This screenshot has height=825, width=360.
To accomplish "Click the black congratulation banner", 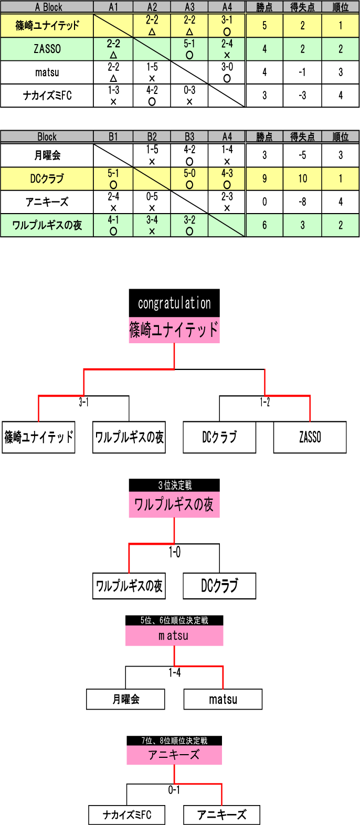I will pyautogui.click(x=174, y=303).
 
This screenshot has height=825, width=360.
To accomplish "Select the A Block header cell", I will pyautogui.click(x=47, y=7).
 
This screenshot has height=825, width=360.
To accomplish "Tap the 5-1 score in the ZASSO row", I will pyautogui.click(x=189, y=44).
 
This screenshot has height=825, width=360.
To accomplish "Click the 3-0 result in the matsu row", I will pyautogui.click(x=227, y=67).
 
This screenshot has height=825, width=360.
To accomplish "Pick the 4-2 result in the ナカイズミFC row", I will pyautogui.click(x=152, y=90).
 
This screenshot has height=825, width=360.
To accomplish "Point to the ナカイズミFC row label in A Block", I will pyautogui.click(x=47, y=96).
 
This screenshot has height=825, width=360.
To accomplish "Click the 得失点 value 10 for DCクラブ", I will pyautogui.click(x=302, y=178).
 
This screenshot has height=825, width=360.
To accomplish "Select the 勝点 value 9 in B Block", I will pyautogui.click(x=264, y=178).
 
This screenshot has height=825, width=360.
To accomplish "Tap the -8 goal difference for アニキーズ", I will pyautogui.click(x=302, y=202).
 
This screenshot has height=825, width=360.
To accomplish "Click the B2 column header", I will pyautogui.click(x=152, y=137).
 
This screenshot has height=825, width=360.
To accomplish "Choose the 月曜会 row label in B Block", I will pyautogui.click(x=47, y=155).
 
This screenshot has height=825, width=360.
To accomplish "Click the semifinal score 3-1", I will pyautogui.click(x=83, y=403).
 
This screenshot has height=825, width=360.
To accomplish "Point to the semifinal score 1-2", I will pyautogui.click(x=264, y=403).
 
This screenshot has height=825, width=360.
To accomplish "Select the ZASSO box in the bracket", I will pyautogui.click(x=310, y=437).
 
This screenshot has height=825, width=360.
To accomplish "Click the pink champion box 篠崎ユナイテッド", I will pyautogui.click(x=174, y=330).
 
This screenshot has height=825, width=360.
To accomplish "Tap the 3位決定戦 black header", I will pyautogui.click(x=174, y=485).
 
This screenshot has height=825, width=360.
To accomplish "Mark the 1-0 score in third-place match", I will pyautogui.click(x=174, y=552).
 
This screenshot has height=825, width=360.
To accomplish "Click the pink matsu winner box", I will pyautogui.click(x=174, y=636).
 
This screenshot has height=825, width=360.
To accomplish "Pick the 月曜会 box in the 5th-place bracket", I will pyautogui.click(x=125, y=699).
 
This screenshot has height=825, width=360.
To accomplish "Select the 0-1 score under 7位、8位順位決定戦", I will pyautogui.click(x=174, y=790).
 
